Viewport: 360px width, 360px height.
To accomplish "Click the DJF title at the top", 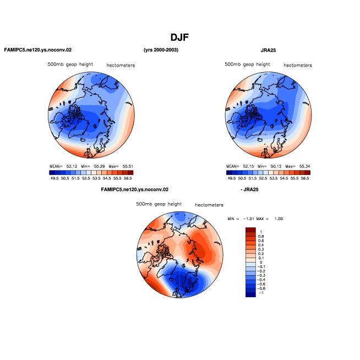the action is (x=179, y=37).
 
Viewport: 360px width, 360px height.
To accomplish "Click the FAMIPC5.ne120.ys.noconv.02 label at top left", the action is (x=38, y=50).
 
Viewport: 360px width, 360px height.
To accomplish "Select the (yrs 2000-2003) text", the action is (x=161, y=50).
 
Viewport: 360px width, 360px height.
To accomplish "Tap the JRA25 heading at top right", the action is (x=268, y=50).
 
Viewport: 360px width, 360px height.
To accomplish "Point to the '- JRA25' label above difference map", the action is (x=249, y=189).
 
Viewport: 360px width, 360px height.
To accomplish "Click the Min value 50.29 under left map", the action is (x=99, y=166).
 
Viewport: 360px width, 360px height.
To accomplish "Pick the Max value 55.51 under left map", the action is (x=128, y=166).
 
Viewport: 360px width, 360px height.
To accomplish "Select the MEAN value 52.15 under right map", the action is (x=248, y=166).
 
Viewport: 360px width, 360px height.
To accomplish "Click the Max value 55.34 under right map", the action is (x=304, y=166).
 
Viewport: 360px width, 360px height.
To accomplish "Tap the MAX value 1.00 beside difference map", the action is (x=279, y=219).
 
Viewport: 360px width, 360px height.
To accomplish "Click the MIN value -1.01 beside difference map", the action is (x=249, y=219).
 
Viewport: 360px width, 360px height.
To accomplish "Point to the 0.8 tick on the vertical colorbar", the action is (x=261, y=237).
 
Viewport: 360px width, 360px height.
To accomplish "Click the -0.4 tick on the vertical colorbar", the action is (x=261, y=280).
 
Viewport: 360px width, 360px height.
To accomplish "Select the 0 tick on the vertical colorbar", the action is (x=261, y=263).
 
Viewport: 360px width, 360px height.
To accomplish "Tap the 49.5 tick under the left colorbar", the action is (x=54, y=178).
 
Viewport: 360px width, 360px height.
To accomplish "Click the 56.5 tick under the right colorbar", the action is (x=305, y=178).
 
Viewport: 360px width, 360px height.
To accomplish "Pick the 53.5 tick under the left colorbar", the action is (x=96, y=178).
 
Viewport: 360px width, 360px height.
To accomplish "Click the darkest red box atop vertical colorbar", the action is (x=250, y=230).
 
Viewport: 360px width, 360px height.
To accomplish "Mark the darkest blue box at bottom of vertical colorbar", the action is (x=250, y=295).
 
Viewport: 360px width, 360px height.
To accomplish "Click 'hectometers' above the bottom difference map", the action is (x=209, y=205).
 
